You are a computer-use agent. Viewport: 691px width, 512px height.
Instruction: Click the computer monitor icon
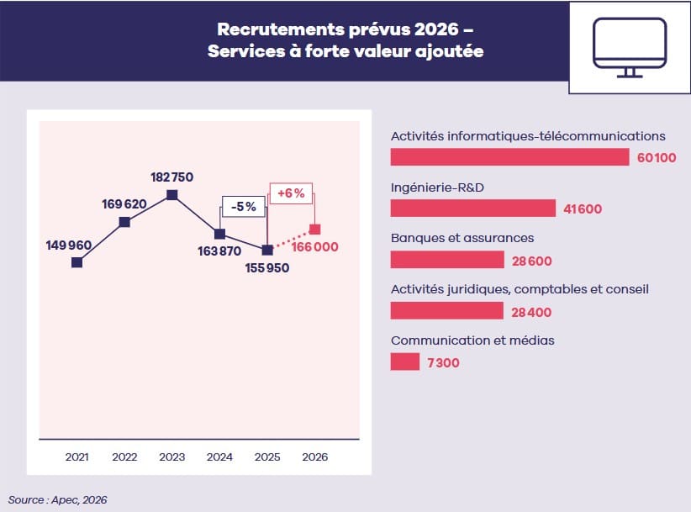(629, 47)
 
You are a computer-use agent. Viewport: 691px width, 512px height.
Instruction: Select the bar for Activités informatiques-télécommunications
(509, 157)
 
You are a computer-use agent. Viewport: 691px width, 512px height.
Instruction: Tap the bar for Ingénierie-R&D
(473, 208)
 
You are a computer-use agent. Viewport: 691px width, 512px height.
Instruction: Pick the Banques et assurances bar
(447, 260)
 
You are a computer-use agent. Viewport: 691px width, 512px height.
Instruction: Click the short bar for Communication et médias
(404, 362)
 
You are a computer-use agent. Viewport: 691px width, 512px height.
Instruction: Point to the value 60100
(657, 158)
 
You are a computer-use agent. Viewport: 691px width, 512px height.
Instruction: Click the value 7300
(442, 362)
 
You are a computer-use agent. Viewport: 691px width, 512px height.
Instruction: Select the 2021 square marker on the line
(77, 262)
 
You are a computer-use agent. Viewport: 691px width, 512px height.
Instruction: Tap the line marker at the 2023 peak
(172, 195)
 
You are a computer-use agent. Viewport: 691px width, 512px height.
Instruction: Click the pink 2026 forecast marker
(314, 229)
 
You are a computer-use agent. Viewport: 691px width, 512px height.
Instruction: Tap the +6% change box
(290, 193)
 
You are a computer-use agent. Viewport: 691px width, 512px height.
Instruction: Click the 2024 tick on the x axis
(219, 457)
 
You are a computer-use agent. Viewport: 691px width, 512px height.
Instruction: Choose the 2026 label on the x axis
(314, 457)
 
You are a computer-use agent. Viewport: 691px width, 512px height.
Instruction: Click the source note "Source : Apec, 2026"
(58, 499)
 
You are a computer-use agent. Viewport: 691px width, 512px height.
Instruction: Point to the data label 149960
(68, 245)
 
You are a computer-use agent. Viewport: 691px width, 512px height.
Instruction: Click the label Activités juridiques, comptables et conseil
(520, 289)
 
